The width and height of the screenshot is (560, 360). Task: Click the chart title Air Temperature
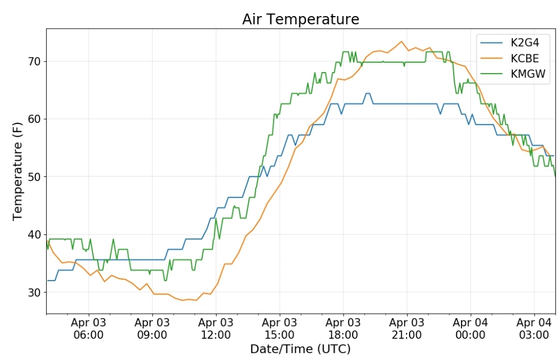[x=301, y=19]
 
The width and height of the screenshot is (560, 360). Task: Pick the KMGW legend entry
[x=513, y=74]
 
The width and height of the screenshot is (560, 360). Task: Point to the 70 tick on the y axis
[x=34, y=61]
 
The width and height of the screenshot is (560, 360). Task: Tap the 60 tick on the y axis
[x=34, y=119]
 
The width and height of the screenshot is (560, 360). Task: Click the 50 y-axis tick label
[x=34, y=177]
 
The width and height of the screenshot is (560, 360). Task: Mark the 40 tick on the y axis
[x=34, y=234]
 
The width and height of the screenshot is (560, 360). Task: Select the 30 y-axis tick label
[x=34, y=292]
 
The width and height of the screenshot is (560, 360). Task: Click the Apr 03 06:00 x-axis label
[x=89, y=328]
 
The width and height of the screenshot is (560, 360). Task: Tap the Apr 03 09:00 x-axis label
[x=152, y=328]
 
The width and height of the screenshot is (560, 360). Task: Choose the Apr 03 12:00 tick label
[x=216, y=328]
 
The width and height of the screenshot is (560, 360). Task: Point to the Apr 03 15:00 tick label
[x=279, y=328]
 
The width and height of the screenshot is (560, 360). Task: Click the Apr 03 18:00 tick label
[x=343, y=328]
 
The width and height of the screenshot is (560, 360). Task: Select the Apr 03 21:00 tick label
[x=407, y=328]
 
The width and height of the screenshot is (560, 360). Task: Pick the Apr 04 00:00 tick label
[x=470, y=328]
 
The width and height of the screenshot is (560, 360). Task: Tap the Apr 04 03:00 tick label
[x=534, y=328]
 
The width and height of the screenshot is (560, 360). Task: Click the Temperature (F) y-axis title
[x=17, y=172]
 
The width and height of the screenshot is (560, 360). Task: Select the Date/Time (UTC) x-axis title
[x=300, y=349]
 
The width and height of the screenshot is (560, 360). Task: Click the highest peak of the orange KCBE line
[x=401, y=41]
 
